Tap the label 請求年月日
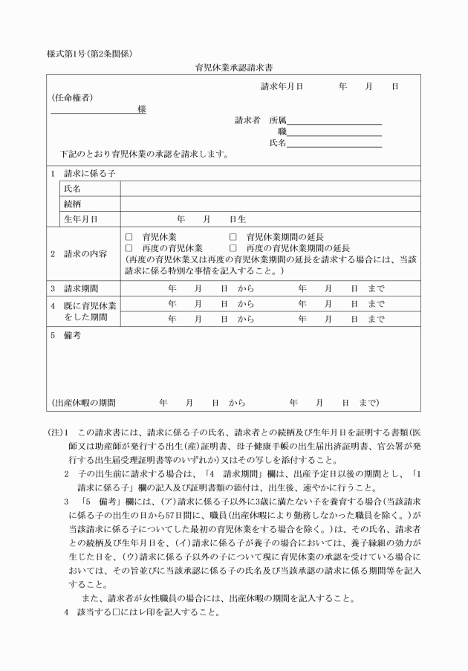[x=282, y=87]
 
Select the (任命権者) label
[x=72, y=97]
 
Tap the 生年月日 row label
[x=81, y=219]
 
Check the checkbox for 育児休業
[x=129, y=236]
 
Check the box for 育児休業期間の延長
[x=233, y=236]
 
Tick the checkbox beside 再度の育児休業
[x=129, y=247]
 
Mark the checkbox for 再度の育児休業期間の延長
[x=233, y=247]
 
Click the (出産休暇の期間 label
[x=84, y=403]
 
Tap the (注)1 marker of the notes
[x=59, y=432]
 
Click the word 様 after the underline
[x=141, y=109]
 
